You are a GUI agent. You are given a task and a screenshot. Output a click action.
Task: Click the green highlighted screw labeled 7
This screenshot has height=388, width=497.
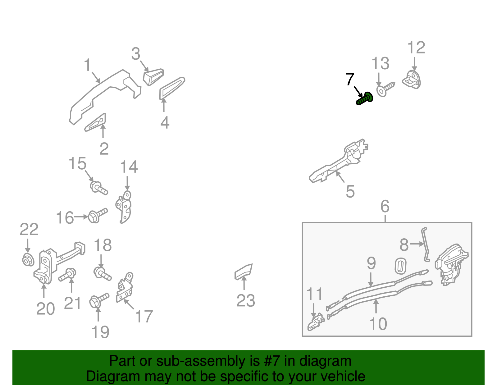pyautogui.click(x=365, y=99)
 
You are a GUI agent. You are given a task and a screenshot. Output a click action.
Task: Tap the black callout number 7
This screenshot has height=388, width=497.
pyautogui.click(x=350, y=80)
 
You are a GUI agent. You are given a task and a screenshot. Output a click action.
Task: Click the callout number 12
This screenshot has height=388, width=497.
pyautogui.click(x=416, y=48)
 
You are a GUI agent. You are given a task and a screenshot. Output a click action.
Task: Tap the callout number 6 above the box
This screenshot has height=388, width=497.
pyautogui.click(x=385, y=207)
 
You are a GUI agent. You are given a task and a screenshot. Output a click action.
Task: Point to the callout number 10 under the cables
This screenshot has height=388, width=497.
pyautogui.click(x=378, y=324)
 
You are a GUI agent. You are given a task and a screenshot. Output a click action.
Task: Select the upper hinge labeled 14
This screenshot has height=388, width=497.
pyautogui.click(x=124, y=207)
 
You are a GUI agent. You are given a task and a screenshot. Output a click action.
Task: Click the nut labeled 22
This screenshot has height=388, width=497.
pyautogui.click(x=28, y=260)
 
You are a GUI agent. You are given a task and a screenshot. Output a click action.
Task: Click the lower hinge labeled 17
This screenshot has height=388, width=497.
pyautogui.click(x=125, y=287)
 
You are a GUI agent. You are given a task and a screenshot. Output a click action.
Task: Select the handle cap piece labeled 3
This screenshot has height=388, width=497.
pyautogui.click(x=153, y=76)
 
